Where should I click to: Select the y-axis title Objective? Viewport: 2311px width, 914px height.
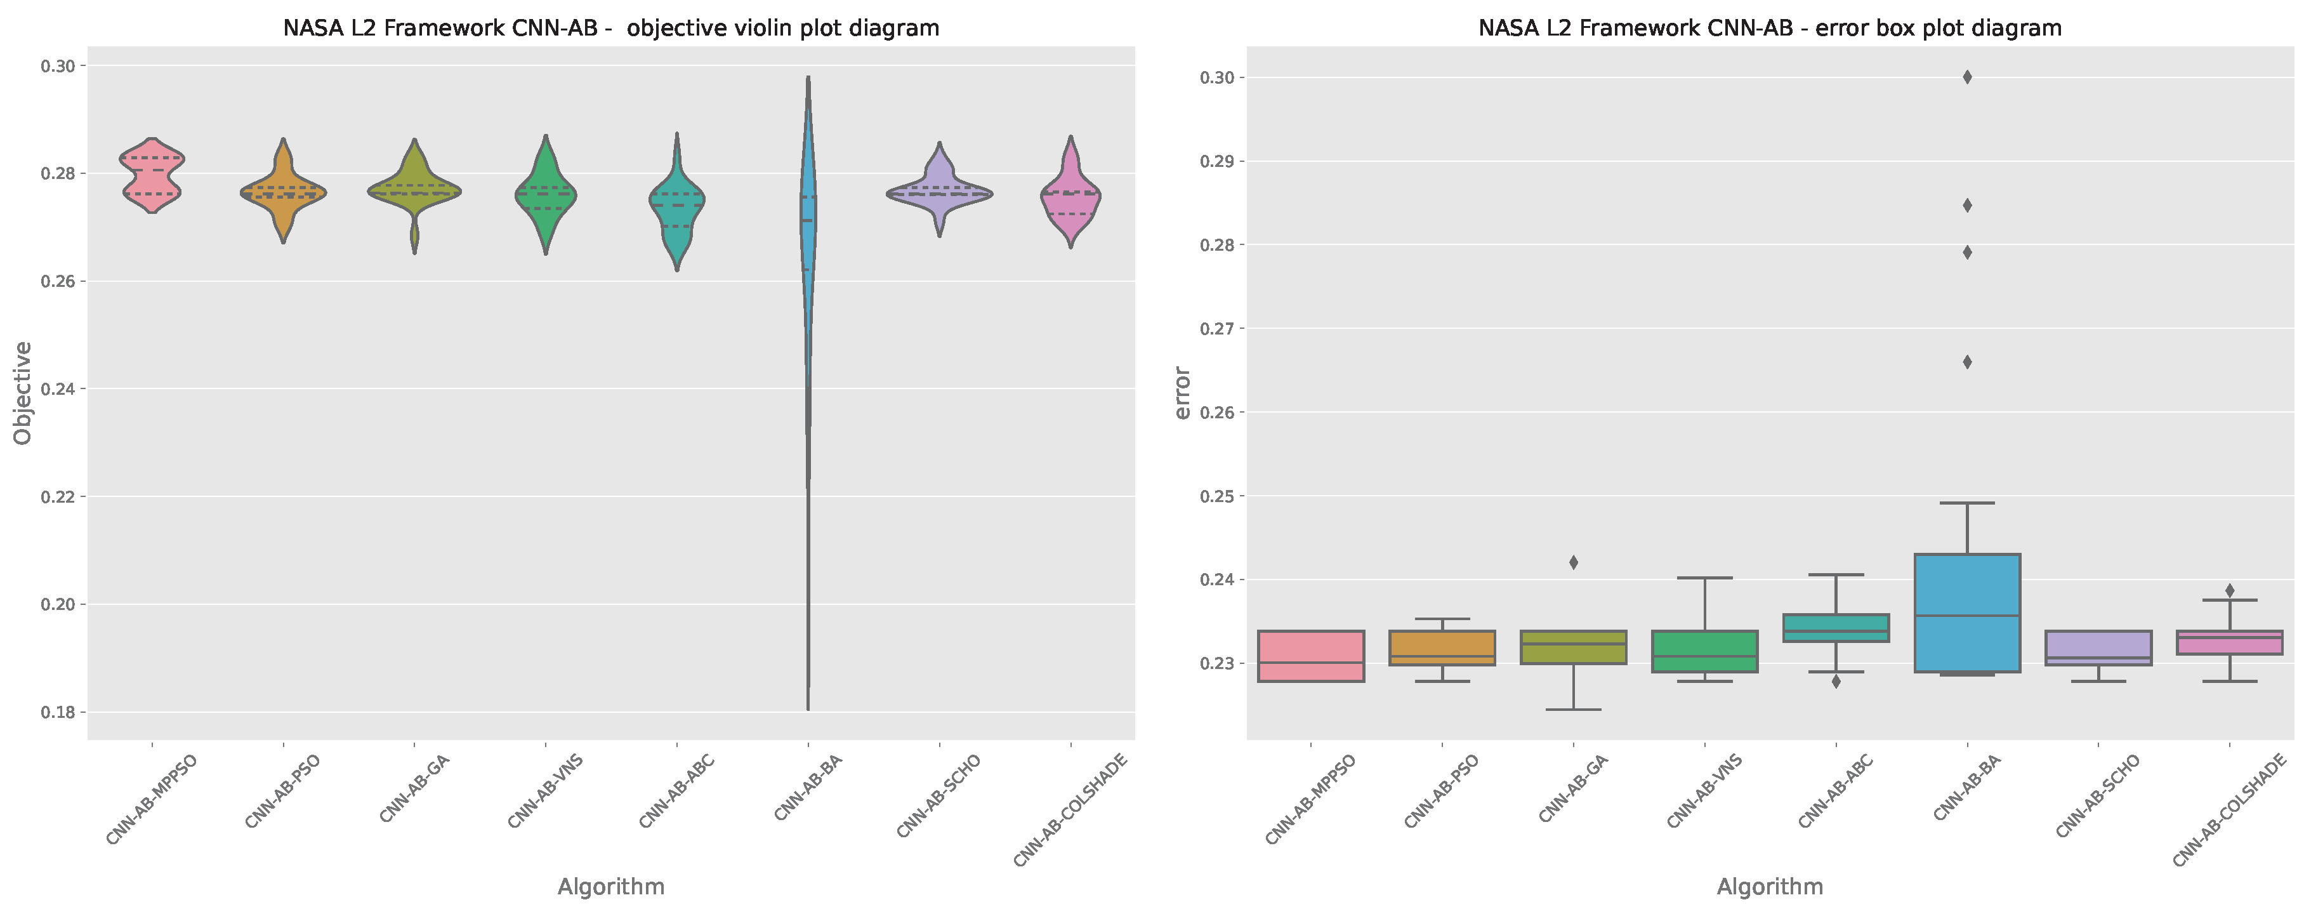pyautogui.click(x=23, y=393)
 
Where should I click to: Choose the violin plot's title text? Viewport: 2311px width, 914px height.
pyautogui.click(x=611, y=28)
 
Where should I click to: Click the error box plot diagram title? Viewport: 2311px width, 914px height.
pyautogui.click(x=1769, y=28)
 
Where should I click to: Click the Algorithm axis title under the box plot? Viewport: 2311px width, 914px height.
pyautogui.click(x=1769, y=887)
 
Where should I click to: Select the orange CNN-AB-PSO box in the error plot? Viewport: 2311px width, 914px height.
pyautogui.click(x=1442, y=646)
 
